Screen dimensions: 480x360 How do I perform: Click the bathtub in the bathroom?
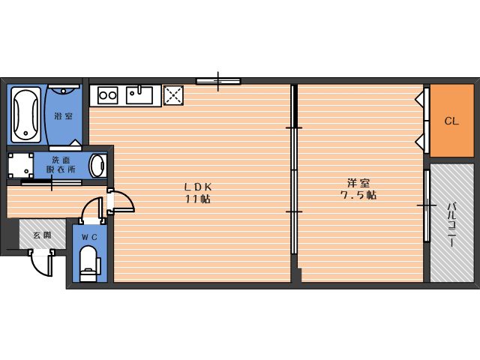[x=26, y=115]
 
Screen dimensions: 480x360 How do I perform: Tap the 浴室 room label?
[x=63, y=116]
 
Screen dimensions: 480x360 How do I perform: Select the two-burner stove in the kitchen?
[x=108, y=95]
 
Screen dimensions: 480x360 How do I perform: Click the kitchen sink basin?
[x=139, y=95]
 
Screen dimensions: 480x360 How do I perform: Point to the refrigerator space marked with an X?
[x=173, y=95]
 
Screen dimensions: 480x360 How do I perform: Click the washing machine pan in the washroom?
[x=20, y=165]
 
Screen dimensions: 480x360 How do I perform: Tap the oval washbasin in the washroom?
[x=98, y=165]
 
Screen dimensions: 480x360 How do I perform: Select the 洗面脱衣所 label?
[x=61, y=165]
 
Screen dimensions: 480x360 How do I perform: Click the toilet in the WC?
[x=89, y=263]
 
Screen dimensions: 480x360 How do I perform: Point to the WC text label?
[x=89, y=237]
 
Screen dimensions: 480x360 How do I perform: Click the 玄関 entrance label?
[x=42, y=235]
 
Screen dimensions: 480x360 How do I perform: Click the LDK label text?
[x=198, y=187]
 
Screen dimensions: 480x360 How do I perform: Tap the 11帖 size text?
[x=197, y=199]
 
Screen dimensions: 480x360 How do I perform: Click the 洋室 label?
[x=358, y=183]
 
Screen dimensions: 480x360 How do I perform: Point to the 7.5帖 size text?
[x=358, y=195]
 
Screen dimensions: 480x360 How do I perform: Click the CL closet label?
[x=451, y=121]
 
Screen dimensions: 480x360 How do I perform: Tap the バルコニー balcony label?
[x=451, y=224]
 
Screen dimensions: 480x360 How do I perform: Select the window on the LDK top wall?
[x=218, y=81]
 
